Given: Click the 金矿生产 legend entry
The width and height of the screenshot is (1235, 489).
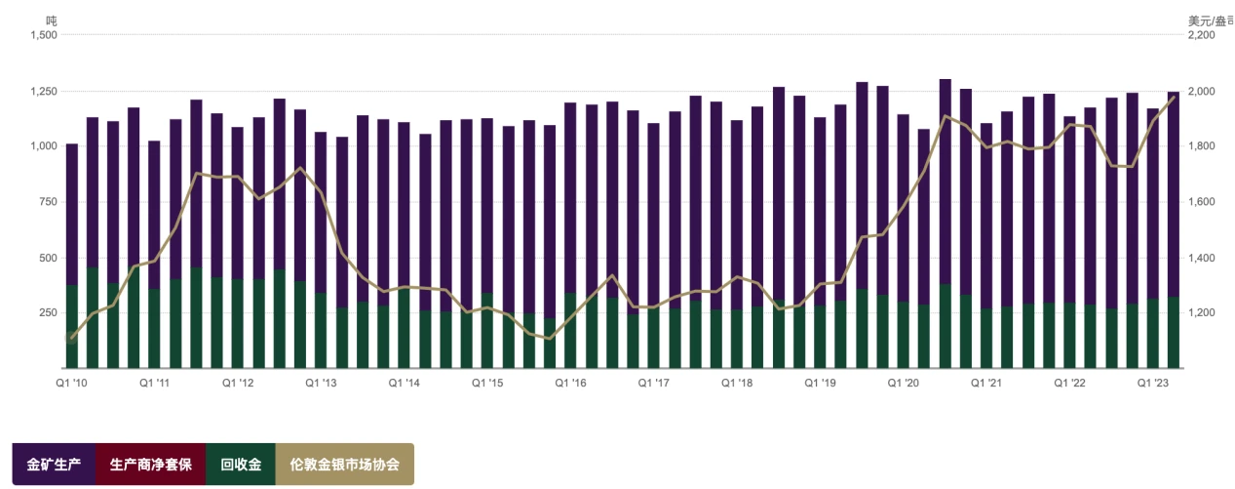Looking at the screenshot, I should [54, 465].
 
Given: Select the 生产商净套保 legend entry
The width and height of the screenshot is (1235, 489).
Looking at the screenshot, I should [151, 465].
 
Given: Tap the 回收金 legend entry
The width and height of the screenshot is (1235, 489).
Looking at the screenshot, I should [241, 465].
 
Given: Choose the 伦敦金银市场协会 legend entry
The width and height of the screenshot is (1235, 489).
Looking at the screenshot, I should [345, 465].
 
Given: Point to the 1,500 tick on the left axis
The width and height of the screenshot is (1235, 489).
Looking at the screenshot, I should [44, 35].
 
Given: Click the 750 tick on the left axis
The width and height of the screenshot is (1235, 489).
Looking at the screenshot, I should [48, 202].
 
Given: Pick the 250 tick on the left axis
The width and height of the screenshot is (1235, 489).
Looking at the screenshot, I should [48, 313].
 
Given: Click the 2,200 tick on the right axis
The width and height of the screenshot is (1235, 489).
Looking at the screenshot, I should [1201, 35].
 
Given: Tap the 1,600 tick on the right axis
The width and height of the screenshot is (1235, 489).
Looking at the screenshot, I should [1201, 202].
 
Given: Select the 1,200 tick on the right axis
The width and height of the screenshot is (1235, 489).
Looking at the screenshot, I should [1201, 313].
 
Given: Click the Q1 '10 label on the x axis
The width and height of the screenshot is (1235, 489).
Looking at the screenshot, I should [71, 384].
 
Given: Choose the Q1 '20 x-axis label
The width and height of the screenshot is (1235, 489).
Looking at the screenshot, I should [903, 384].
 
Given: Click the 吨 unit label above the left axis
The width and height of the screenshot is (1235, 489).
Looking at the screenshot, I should [52, 20].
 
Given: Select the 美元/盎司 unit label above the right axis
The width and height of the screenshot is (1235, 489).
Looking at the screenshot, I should [1210, 20].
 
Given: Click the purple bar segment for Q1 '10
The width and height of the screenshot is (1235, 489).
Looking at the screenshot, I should [72, 215].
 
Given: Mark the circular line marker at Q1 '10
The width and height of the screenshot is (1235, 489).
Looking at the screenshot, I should [71, 338].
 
